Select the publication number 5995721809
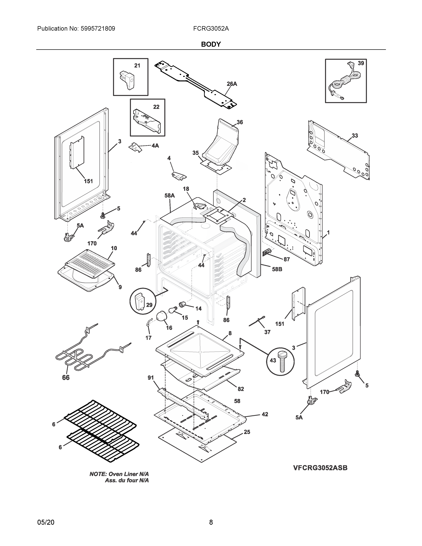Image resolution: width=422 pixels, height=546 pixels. (98, 29)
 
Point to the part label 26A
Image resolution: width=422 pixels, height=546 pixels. (232, 84)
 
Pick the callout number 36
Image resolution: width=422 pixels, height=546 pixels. (240, 122)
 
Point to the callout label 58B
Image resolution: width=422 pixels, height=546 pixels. (277, 269)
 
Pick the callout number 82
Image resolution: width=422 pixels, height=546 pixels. (241, 389)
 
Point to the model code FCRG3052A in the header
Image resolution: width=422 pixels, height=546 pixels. (211, 29)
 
